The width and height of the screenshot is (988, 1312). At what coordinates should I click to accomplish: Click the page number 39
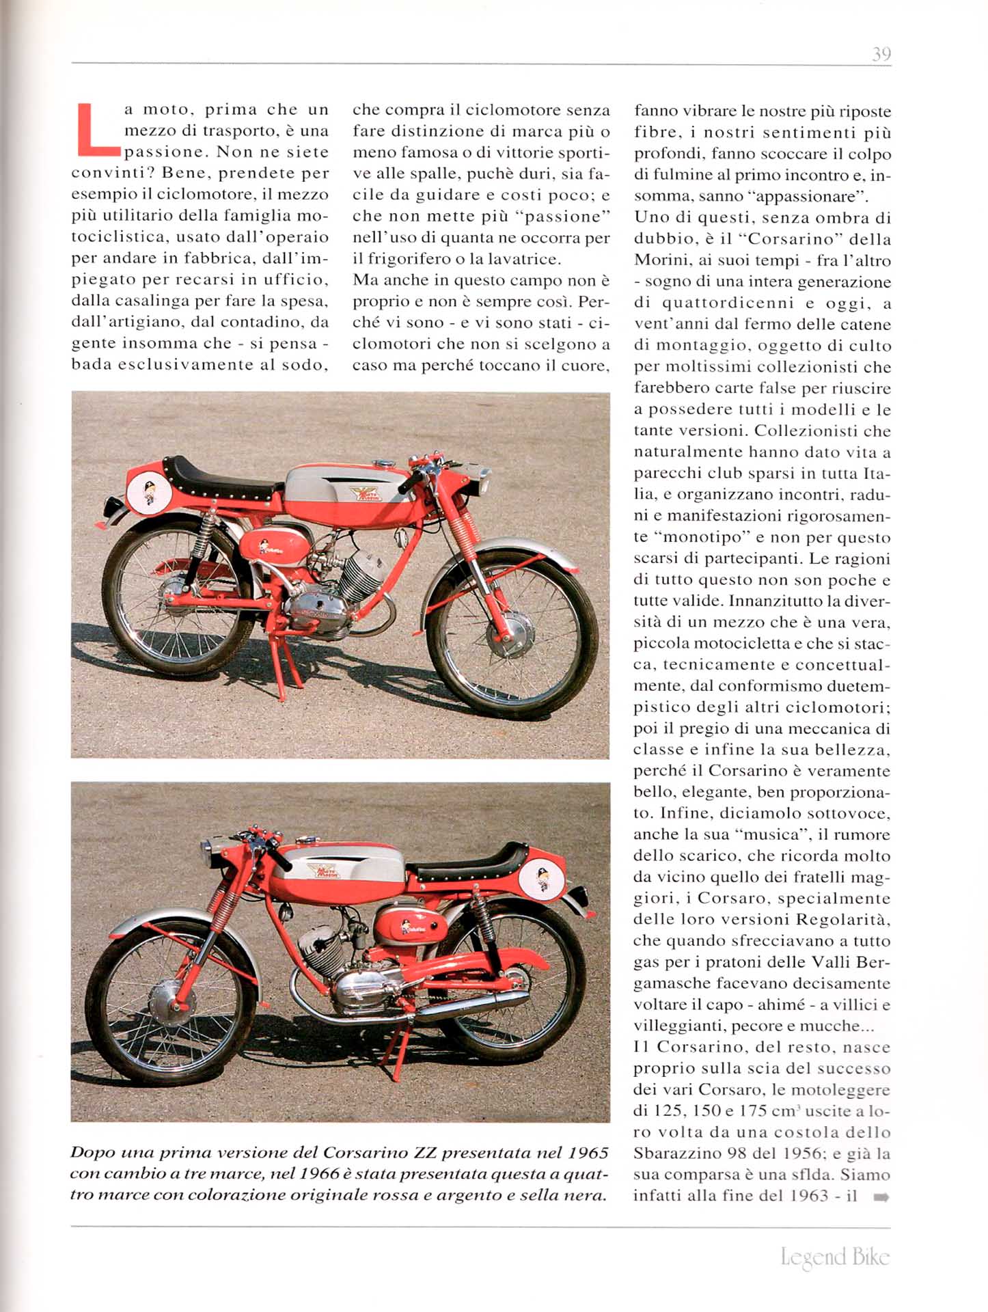881,54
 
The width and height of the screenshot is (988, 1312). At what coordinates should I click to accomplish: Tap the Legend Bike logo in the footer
835,1257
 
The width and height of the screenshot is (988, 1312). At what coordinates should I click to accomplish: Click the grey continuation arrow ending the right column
881,1197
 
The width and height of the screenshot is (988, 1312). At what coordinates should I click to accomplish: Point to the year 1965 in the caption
588,1153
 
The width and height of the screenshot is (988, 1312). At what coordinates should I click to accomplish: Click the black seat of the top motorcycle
219,478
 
